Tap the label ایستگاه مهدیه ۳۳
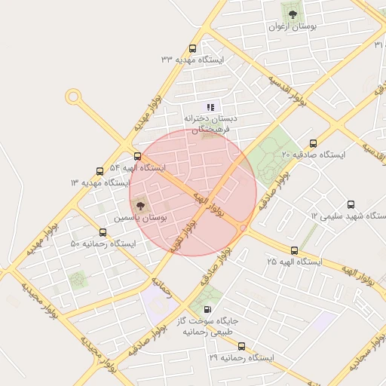pos(191,59)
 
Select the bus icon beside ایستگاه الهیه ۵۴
pos(136,156)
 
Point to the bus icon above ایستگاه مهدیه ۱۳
pos(100,172)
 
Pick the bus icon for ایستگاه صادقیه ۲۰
pos(313,143)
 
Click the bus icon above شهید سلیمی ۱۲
pos(351,204)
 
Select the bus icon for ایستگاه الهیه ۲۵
pos(294,250)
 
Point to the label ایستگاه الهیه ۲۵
pos(294,262)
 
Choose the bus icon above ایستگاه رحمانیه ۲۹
pos(241,346)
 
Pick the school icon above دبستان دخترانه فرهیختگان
pos(210,107)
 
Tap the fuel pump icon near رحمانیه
pos(207,310)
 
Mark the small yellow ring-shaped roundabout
pos(73,96)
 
